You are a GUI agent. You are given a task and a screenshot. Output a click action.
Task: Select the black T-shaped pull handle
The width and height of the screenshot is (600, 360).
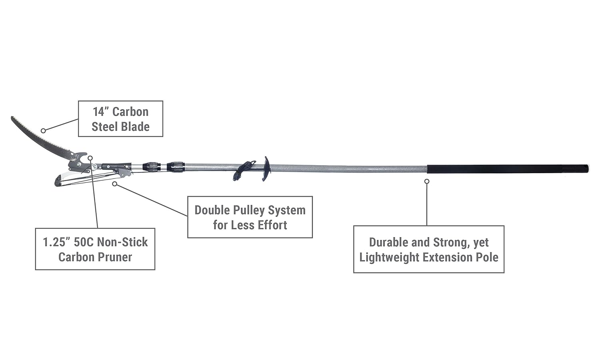pos(266,168)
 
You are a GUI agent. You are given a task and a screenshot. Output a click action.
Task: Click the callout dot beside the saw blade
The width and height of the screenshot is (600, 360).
pos(43,130)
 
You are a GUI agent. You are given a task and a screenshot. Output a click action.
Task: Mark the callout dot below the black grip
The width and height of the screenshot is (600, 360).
pos(427,181)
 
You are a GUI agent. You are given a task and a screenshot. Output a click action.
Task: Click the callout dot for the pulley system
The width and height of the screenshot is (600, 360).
pos(115,184)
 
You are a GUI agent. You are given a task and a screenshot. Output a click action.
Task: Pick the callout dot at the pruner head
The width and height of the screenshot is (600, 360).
pos(91,158)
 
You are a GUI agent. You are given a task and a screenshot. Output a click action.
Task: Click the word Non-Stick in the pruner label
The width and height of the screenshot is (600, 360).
pos(122,242)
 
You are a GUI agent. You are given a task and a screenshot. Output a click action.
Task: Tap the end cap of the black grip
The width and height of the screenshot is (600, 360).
pos(587,168)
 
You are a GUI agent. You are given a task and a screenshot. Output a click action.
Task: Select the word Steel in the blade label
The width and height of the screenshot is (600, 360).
pos(104,127)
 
